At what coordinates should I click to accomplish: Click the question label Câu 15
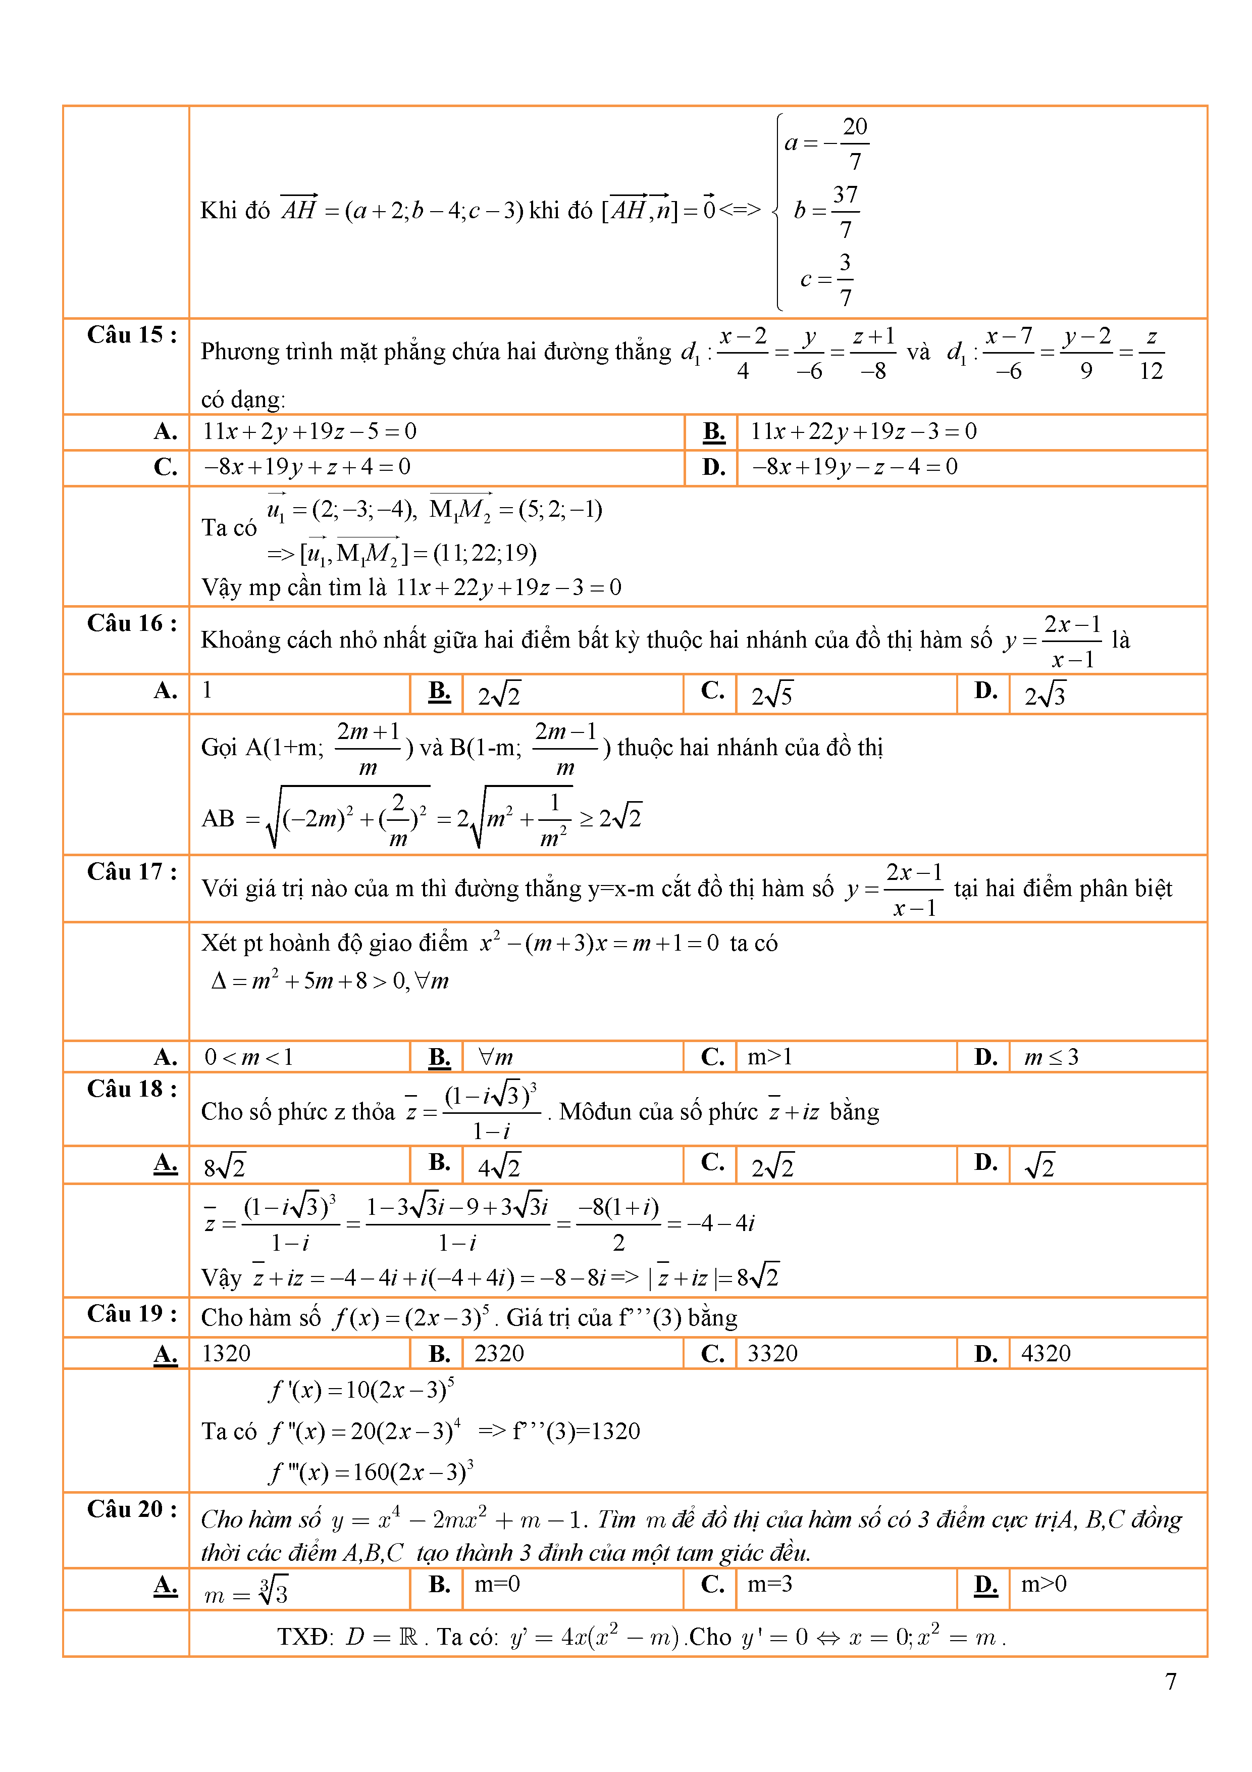(131, 335)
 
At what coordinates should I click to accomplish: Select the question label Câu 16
(131, 623)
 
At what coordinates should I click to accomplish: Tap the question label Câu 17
(131, 871)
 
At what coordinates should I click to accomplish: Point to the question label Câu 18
(131, 1089)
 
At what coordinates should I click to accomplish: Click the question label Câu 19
(131, 1313)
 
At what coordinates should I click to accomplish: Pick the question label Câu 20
(131, 1509)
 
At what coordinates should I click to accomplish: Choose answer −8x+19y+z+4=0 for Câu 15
(307, 467)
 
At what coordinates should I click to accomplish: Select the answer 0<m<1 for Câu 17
(248, 1057)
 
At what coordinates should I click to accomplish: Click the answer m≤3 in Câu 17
(1051, 1057)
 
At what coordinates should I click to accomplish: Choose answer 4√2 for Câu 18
(498, 1165)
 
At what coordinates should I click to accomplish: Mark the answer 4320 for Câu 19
(1045, 1353)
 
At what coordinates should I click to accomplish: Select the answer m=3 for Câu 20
(769, 1584)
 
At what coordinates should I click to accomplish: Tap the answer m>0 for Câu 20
(1043, 1584)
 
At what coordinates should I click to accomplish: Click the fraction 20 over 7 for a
(854, 143)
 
